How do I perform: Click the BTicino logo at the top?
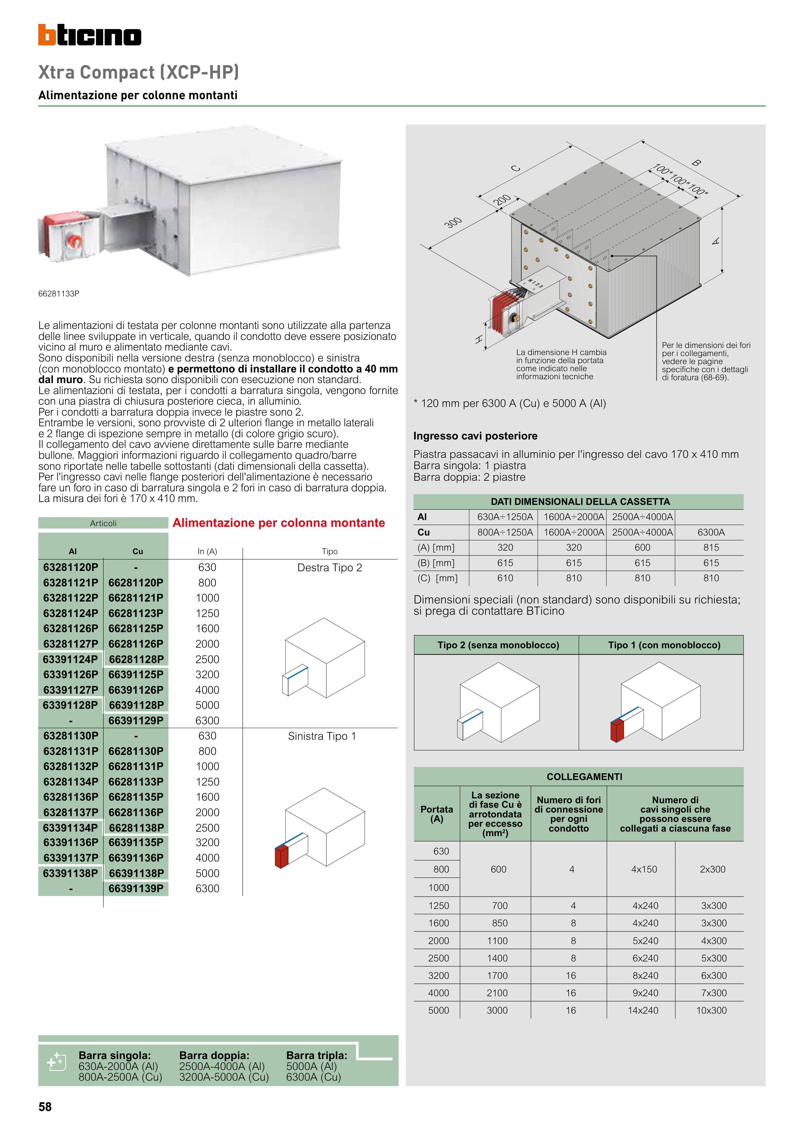(90, 35)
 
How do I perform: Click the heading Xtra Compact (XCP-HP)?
(139, 72)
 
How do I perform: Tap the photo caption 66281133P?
(59, 294)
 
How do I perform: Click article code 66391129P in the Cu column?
(136, 720)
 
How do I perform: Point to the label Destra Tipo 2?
(329, 567)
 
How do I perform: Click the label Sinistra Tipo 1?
(322, 736)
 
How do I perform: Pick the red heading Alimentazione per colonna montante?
(279, 523)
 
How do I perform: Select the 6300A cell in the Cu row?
(711, 532)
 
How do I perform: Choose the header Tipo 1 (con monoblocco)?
(664, 645)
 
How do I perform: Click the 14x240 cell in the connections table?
(643, 1010)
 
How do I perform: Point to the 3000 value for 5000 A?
(497, 1010)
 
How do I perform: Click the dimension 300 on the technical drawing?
(453, 223)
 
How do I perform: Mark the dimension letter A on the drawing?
(715, 241)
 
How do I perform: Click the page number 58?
(45, 1107)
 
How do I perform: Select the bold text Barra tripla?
(317, 1055)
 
